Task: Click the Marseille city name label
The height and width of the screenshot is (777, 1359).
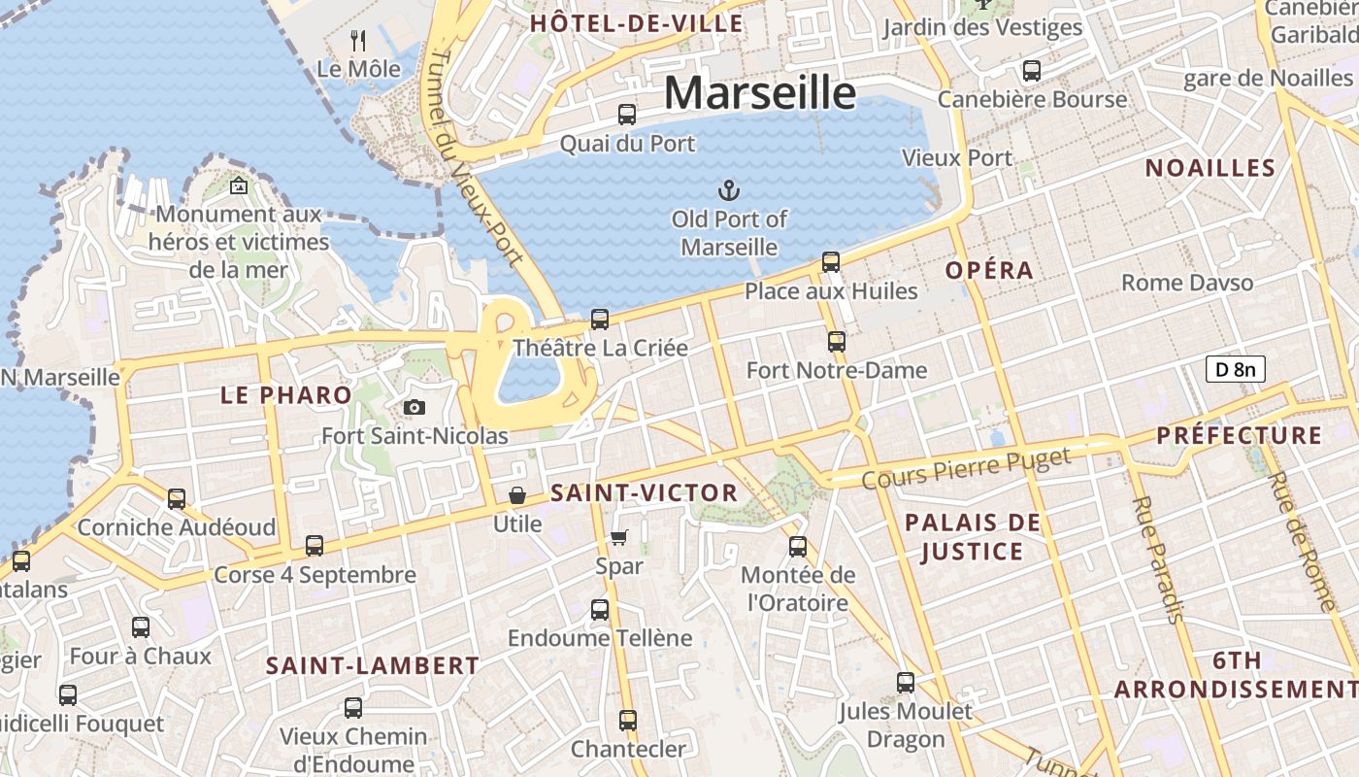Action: click(x=760, y=93)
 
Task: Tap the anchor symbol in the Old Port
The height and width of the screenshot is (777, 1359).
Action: click(x=728, y=189)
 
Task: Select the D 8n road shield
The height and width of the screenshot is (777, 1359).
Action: click(x=1236, y=369)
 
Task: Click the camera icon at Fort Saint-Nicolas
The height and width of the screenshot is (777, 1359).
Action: click(x=414, y=407)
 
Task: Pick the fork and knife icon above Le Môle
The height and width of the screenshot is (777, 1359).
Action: click(x=358, y=40)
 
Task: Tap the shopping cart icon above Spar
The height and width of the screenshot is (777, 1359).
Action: click(x=619, y=537)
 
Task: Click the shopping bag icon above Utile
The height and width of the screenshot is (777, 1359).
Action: click(x=517, y=495)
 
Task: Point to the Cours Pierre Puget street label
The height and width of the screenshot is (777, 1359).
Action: click(x=966, y=468)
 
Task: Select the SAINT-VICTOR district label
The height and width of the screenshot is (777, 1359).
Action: click(x=644, y=493)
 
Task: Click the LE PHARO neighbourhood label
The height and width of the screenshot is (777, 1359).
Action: click(x=285, y=395)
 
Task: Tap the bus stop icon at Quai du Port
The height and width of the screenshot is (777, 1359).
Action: click(x=627, y=115)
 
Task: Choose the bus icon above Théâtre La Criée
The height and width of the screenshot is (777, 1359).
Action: click(x=600, y=319)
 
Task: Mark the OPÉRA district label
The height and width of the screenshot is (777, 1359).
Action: click(x=989, y=271)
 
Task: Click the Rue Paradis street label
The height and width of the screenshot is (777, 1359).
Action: click(x=1159, y=558)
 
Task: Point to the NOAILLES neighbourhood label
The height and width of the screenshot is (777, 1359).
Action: click(x=1210, y=168)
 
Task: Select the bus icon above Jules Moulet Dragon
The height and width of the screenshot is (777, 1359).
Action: click(x=906, y=683)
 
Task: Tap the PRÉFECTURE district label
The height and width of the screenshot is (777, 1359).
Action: click(x=1239, y=435)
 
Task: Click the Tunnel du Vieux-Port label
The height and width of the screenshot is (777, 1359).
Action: click(x=475, y=155)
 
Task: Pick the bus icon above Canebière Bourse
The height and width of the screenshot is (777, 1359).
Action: click(x=1032, y=71)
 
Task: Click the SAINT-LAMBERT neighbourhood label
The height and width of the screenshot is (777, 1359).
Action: click(x=373, y=666)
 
